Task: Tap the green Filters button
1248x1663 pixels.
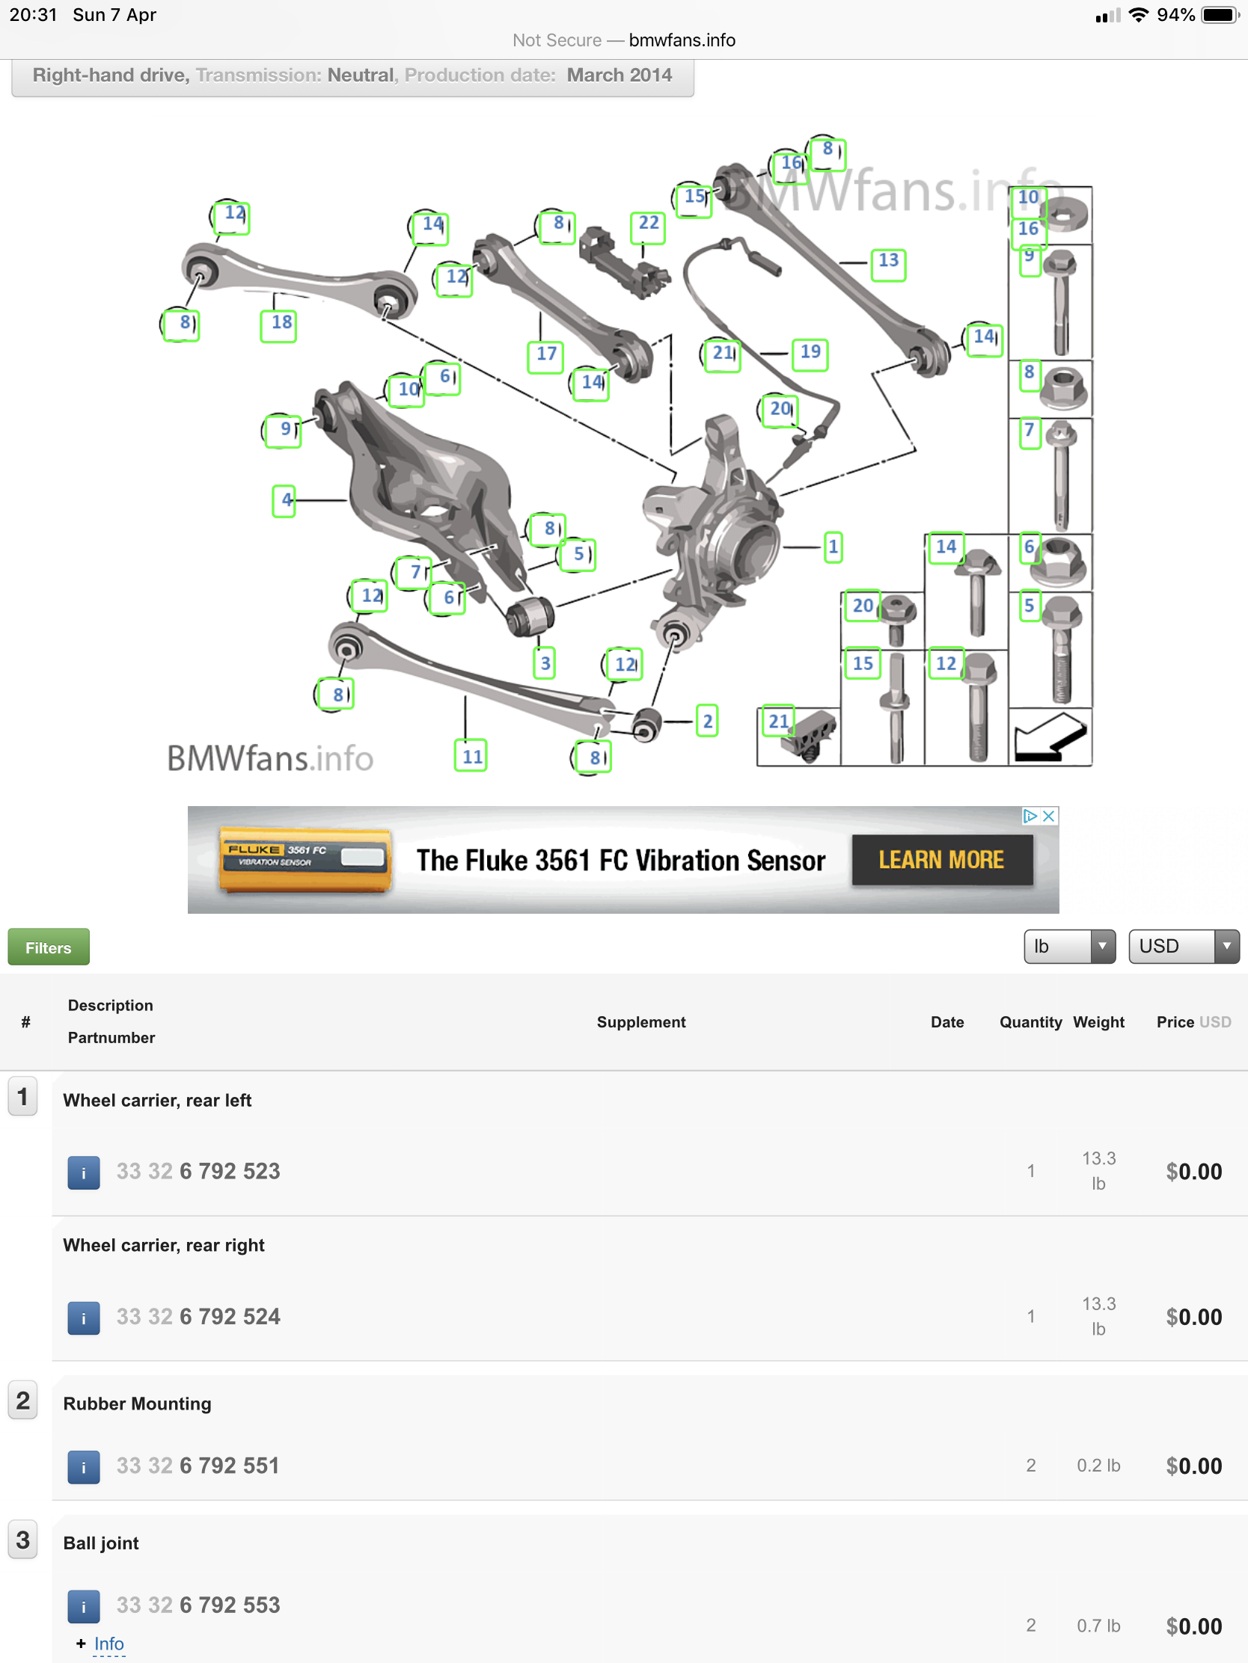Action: click(48, 947)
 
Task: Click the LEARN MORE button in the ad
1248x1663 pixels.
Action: click(941, 860)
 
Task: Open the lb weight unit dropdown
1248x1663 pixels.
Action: click(1068, 946)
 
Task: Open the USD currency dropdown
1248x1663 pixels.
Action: click(1183, 946)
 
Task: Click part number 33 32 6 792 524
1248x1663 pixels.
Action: click(198, 1316)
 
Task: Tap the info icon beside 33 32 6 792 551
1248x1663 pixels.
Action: click(84, 1466)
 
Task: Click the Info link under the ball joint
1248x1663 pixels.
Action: click(108, 1644)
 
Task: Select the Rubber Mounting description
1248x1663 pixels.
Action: click(137, 1404)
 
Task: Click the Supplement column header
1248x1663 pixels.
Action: click(641, 1021)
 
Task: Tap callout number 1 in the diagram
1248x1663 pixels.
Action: click(833, 547)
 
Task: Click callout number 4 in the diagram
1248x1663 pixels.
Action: click(284, 500)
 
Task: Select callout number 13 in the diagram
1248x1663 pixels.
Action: click(887, 261)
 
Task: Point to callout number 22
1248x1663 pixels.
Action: click(648, 224)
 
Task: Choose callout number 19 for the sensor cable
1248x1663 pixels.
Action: click(810, 352)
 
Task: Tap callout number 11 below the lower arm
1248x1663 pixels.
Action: click(471, 755)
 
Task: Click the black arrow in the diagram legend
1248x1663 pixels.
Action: click(1050, 737)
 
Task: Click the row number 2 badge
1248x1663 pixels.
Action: click(22, 1401)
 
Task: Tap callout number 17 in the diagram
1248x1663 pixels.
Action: click(546, 354)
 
